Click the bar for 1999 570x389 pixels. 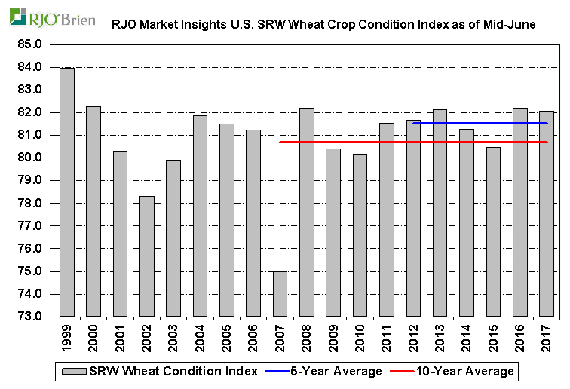66,192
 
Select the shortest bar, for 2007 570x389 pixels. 280,294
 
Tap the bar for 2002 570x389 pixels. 146,256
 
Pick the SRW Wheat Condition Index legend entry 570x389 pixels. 174,371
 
